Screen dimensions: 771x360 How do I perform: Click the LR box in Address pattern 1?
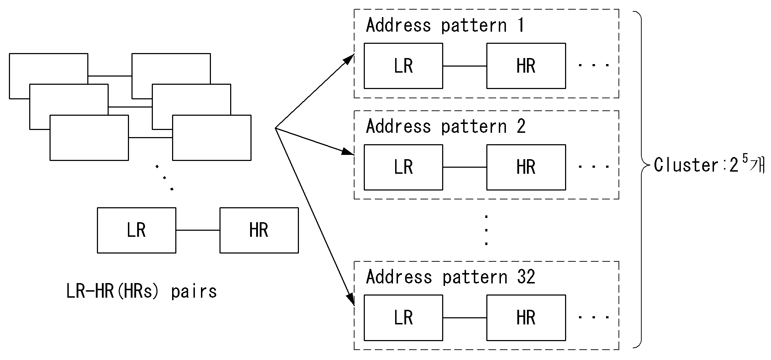pyautogui.click(x=403, y=66)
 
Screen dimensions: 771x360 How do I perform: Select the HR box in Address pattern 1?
pyautogui.click(x=526, y=66)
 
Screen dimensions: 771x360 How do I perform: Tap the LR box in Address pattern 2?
pyautogui.click(x=403, y=167)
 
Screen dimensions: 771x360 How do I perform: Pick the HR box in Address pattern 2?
pyautogui.click(x=526, y=167)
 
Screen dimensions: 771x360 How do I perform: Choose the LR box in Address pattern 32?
pyautogui.click(x=403, y=318)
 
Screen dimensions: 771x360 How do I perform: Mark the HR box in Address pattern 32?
pyautogui.click(x=526, y=318)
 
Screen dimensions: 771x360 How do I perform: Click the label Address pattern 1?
pyautogui.click(x=445, y=26)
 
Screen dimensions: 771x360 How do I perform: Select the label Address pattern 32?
pyautogui.click(x=451, y=277)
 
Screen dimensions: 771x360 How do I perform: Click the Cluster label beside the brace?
pyautogui.click(x=709, y=165)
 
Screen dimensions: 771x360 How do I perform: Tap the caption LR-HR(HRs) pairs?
pyautogui.click(x=141, y=292)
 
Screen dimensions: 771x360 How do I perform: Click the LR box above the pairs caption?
pyautogui.click(x=136, y=230)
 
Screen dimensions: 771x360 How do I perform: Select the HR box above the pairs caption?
pyautogui.click(x=259, y=230)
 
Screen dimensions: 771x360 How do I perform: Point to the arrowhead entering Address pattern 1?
pyautogui.click(x=349, y=59)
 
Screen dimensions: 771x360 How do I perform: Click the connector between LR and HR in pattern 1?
pyautogui.click(x=465, y=66)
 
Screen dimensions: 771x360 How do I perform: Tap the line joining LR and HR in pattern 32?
pyautogui.click(x=465, y=318)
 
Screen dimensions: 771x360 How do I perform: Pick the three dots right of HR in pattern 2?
pyautogui.click(x=594, y=166)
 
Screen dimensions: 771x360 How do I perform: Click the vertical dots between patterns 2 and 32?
pyautogui.click(x=486, y=230)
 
